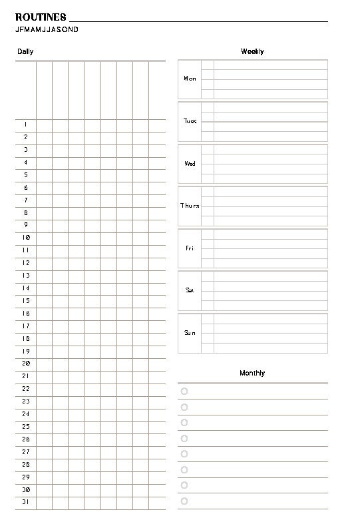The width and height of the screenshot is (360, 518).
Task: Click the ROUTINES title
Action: (41, 17)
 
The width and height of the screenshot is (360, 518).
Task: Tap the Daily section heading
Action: (25, 51)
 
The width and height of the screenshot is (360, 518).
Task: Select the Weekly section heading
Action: (252, 51)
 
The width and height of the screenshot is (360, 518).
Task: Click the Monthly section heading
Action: (252, 374)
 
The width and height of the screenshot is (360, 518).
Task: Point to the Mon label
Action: (190, 79)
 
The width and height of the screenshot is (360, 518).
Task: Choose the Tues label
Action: (190, 121)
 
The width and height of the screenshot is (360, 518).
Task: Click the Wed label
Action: (190, 163)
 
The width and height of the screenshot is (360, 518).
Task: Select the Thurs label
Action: (190, 206)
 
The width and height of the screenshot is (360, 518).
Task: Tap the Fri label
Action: (190, 248)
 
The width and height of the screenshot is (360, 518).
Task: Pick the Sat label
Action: (190, 290)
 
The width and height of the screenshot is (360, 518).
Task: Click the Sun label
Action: (190, 332)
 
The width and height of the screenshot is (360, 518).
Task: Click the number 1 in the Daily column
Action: (26, 125)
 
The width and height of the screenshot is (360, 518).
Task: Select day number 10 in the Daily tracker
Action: (26, 238)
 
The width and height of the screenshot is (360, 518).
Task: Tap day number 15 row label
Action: (26, 301)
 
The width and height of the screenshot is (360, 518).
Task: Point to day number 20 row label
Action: (26, 364)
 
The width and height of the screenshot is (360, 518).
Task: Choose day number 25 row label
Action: (26, 427)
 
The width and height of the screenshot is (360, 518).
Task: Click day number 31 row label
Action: (26, 502)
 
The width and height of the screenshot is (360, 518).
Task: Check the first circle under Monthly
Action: (184, 391)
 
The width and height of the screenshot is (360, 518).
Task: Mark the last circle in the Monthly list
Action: (184, 501)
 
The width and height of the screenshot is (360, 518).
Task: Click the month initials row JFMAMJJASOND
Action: (46, 30)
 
